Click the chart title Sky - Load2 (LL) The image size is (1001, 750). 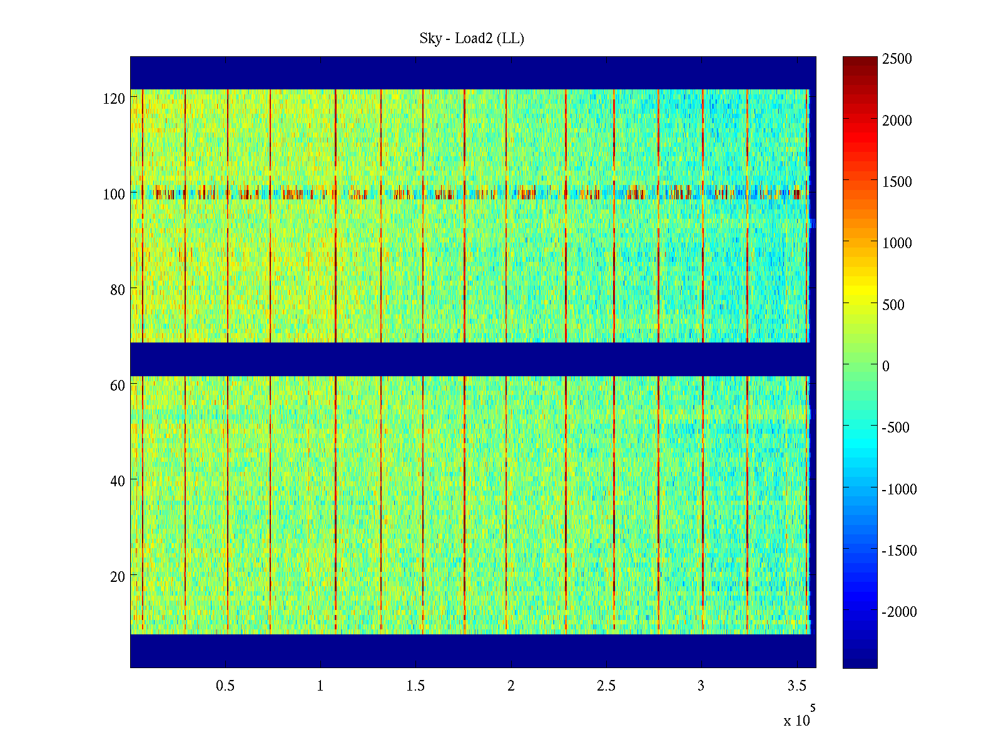click(x=472, y=39)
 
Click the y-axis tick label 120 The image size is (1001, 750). click(x=114, y=99)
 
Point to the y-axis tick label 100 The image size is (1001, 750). click(x=114, y=194)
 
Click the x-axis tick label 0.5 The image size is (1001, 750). click(x=225, y=686)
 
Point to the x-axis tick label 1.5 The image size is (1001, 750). click(x=415, y=686)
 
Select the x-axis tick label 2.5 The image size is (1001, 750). click(x=606, y=686)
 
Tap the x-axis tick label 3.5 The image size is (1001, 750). click(x=796, y=686)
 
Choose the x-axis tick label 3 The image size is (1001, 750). click(x=701, y=686)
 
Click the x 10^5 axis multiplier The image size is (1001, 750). click(x=799, y=719)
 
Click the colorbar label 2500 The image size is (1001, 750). click(x=897, y=59)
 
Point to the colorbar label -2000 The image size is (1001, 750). click(x=899, y=612)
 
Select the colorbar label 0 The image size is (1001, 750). click(x=885, y=366)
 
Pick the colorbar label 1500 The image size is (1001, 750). click(x=897, y=182)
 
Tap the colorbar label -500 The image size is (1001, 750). click(x=895, y=427)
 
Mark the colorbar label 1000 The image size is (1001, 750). click(x=897, y=243)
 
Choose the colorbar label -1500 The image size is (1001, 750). click(x=899, y=551)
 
